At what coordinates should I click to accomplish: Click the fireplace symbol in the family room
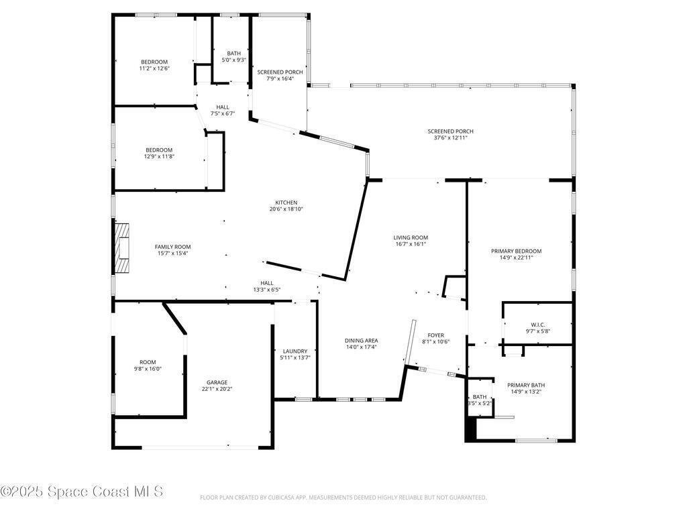click(x=122, y=248)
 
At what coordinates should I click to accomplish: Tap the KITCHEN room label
click(x=286, y=203)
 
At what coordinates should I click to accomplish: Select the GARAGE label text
click(x=217, y=382)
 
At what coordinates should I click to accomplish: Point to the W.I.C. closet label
click(x=537, y=325)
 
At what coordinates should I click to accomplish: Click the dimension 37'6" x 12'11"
click(x=450, y=138)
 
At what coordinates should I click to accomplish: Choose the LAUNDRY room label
click(x=295, y=351)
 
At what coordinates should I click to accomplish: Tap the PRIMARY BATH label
click(x=526, y=386)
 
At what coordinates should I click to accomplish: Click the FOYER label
click(x=435, y=335)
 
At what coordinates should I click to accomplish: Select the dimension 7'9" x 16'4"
click(x=280, y=79)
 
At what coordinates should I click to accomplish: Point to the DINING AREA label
click(x=361, y=341)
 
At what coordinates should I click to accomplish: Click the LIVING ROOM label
click(x=411, y=238)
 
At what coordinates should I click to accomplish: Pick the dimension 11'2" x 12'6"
click(x=154, y=69)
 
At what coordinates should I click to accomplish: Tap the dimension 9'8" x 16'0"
click(x=148, y=369)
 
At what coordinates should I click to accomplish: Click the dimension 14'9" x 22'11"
click(x=516, y=257)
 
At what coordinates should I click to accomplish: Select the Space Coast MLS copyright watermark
click(x=82, y=492)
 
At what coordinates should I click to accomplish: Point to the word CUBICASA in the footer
click(x=280, y=498)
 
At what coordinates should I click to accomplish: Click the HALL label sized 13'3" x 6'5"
click(x=266, y=284)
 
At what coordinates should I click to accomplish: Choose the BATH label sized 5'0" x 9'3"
click(x=233, y=54)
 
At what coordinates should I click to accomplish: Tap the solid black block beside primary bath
click(x=470, y=428)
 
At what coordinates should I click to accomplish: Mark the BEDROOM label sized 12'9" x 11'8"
click(x=159, y=150)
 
